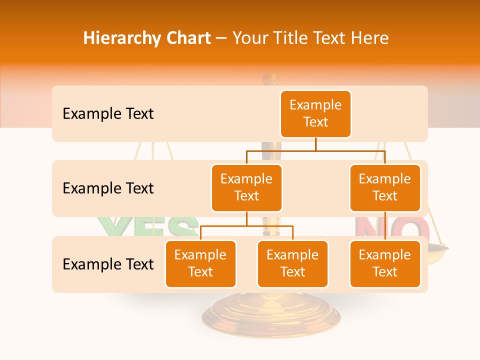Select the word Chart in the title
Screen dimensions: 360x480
(x=188, y=38)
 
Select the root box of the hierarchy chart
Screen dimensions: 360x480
(x=315, y=113)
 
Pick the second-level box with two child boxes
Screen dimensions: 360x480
(x=246, y=187)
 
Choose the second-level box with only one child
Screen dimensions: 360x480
(x=385, y=187)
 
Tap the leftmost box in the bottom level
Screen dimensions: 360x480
(x=200, y=263)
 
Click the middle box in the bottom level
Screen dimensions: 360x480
(x=292, y=263)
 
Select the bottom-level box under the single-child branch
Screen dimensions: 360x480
(x=385, y=263)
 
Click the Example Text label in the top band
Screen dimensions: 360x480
(x=108, y=114)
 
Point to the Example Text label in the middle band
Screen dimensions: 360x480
(x=108, y=188)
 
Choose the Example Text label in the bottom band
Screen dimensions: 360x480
(x=108, y=264)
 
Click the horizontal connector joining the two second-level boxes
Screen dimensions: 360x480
(x=315, y=150)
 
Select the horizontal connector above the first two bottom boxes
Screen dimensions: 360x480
(x=246, y=226)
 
